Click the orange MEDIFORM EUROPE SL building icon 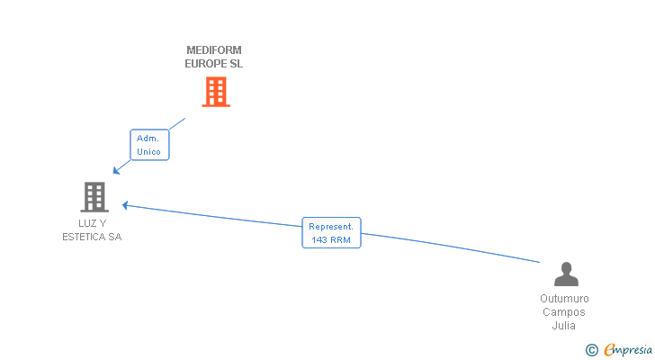(x=215, y=92)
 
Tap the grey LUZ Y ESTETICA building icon (x=94, y=196)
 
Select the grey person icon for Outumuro (x=565, y=274)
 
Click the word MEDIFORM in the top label (x=214, y=50)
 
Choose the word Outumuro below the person (x=564, y=299)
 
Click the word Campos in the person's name (x=564, y=312)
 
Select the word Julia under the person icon (x=564, y=326)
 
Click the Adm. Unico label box (x=148, y=145)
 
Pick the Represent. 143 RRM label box (x=330, y=233)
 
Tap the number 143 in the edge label (x=319, y=240)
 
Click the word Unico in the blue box (x=148, y=152)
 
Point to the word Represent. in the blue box (x=330, y=227)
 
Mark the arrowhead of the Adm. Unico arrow (x=116, y=171)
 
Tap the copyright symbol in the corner (x=591, y=349)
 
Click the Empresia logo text (x=628, y=349)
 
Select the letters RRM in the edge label (x=340, y=240)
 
